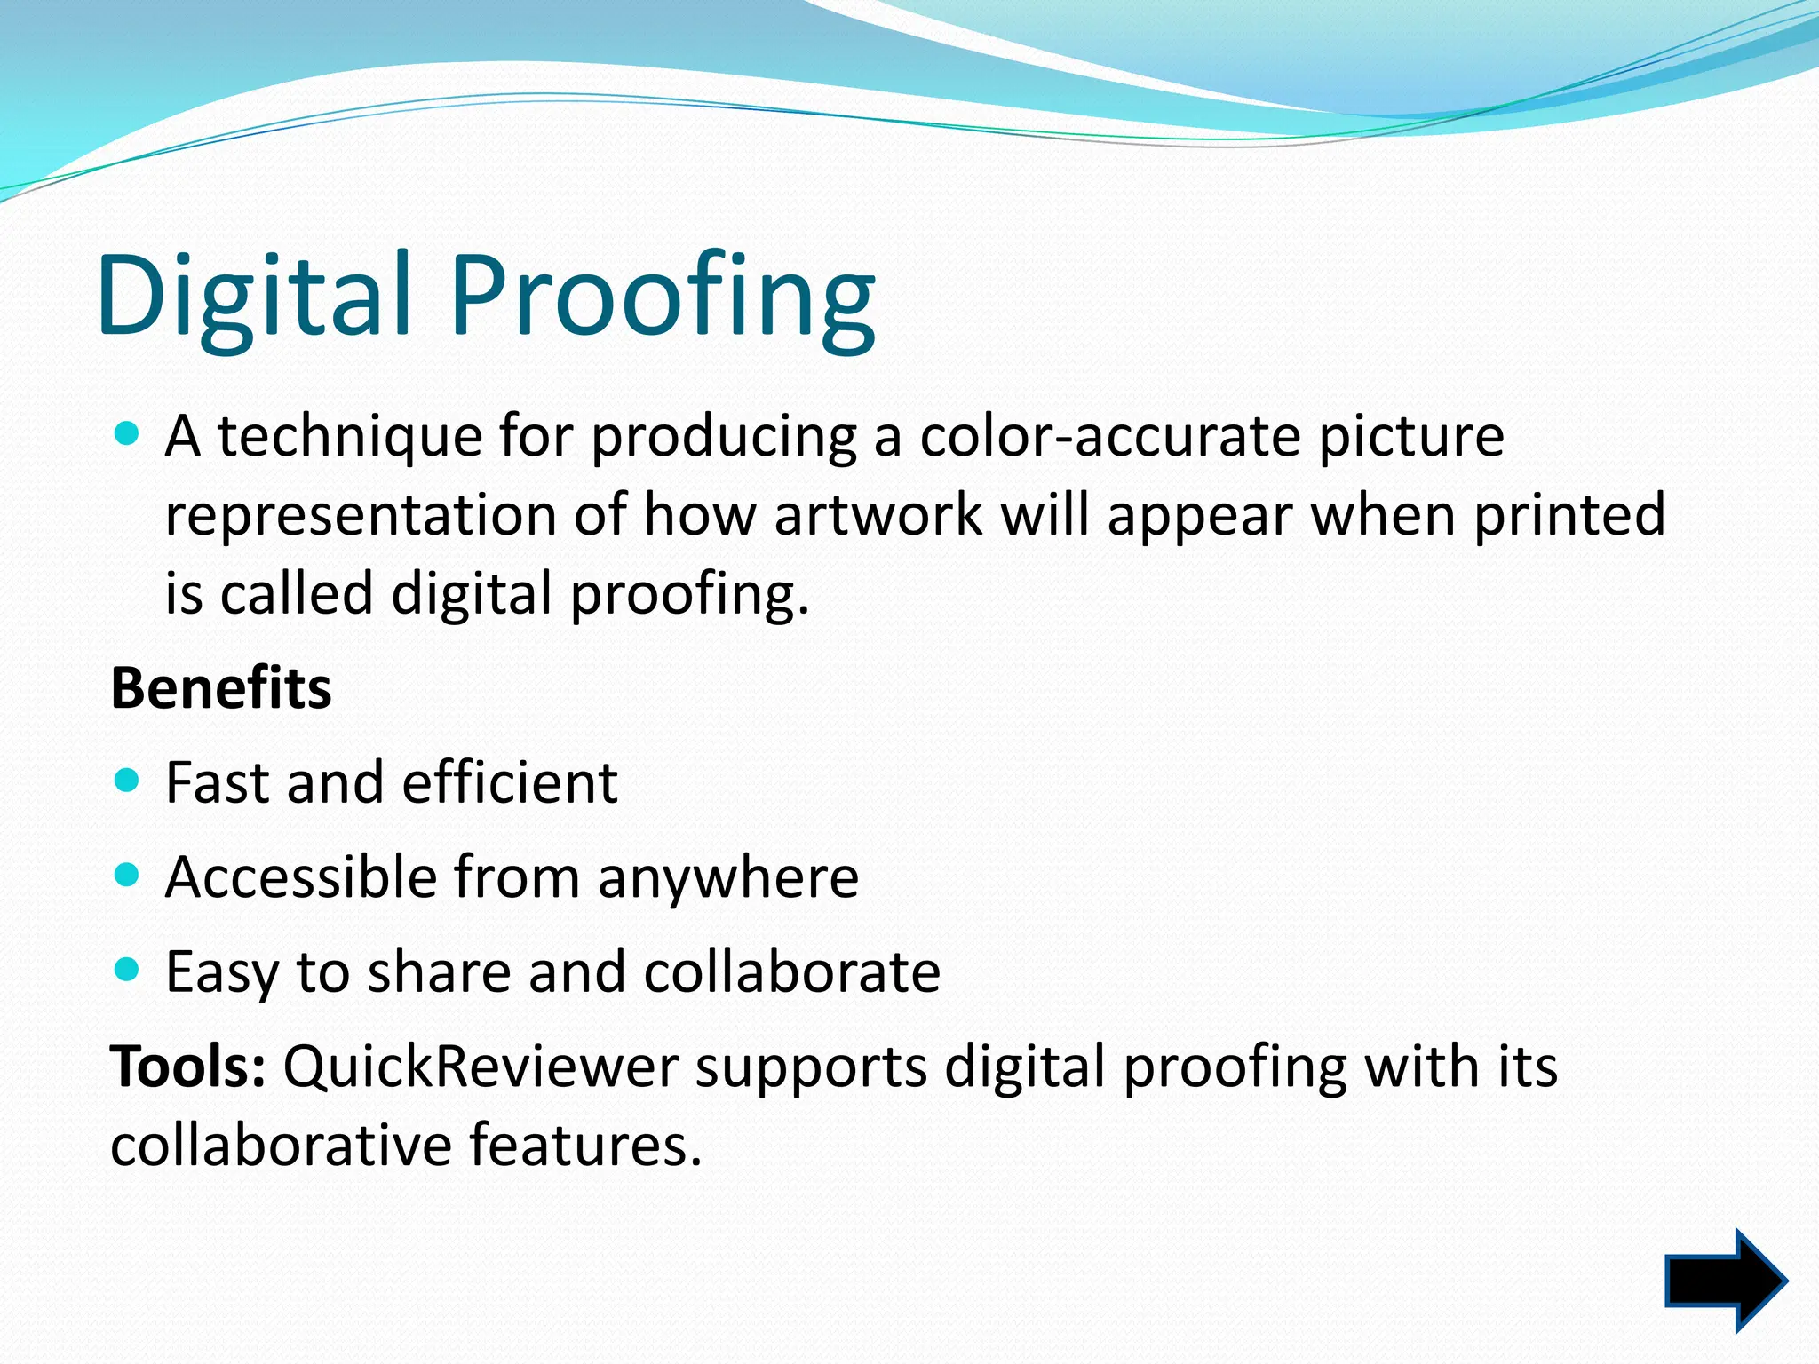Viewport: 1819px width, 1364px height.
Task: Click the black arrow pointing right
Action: [1723, 1281]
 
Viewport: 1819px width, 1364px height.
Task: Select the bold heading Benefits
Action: [221, 688]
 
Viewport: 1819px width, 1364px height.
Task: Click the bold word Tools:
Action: [187, 1067]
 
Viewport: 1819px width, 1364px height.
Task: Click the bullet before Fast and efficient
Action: [128, 781]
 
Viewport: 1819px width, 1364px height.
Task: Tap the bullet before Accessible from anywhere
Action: [128, 876]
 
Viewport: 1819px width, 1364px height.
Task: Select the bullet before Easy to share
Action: [128, 970]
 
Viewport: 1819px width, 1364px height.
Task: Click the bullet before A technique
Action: [128, 434]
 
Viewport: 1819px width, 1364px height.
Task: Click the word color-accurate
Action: [1110, 436]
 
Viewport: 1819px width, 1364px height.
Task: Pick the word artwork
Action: [878, 515]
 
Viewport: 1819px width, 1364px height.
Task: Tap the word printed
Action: [1569, 515]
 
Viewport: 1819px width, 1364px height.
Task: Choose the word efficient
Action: [510, 783]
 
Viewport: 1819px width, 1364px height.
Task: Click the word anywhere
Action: [727, 878]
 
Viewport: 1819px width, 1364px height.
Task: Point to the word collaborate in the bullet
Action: [791, 971]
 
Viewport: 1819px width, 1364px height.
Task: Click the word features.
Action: [585, 1145]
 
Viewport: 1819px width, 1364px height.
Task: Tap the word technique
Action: [350, 438]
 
